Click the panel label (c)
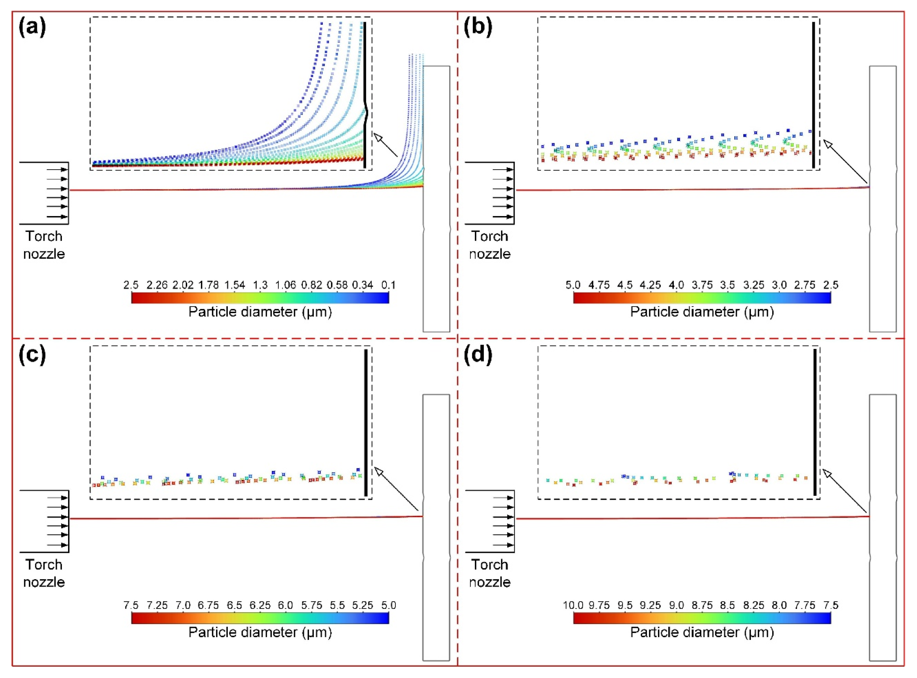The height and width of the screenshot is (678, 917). (x=32, y=355)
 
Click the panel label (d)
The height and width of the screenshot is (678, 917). (x=478, y=355)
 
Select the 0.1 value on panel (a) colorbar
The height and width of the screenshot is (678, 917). (x=388, y=285)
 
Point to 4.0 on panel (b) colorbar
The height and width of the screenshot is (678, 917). (x=676, y=285)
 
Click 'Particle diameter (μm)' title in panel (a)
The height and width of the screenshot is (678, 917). (x=260, y=312)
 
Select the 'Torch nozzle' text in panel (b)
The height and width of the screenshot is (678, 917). (x=489, y=245)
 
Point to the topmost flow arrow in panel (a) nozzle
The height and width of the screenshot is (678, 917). (x=57, y=169)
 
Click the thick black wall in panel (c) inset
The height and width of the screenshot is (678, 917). (x=365, y=423)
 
